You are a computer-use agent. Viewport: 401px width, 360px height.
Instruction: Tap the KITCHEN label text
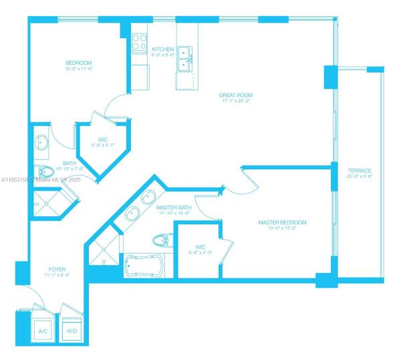(163, 50)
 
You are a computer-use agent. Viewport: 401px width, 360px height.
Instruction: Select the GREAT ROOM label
(236, 95)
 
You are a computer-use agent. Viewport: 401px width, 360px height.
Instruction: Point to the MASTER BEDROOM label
(282, 222)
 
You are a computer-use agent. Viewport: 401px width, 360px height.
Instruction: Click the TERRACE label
(359, 171)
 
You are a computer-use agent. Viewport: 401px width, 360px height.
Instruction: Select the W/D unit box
(72, 330)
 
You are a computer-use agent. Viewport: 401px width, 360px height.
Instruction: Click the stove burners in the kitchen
(139, 43)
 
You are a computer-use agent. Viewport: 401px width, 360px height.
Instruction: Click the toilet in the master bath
(160, 239)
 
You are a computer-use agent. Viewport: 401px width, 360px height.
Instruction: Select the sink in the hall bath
(41, 143)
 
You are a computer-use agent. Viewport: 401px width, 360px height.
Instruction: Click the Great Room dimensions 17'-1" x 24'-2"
(236, 102)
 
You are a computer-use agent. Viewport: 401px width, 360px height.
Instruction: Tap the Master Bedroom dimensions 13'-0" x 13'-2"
(282, 229)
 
